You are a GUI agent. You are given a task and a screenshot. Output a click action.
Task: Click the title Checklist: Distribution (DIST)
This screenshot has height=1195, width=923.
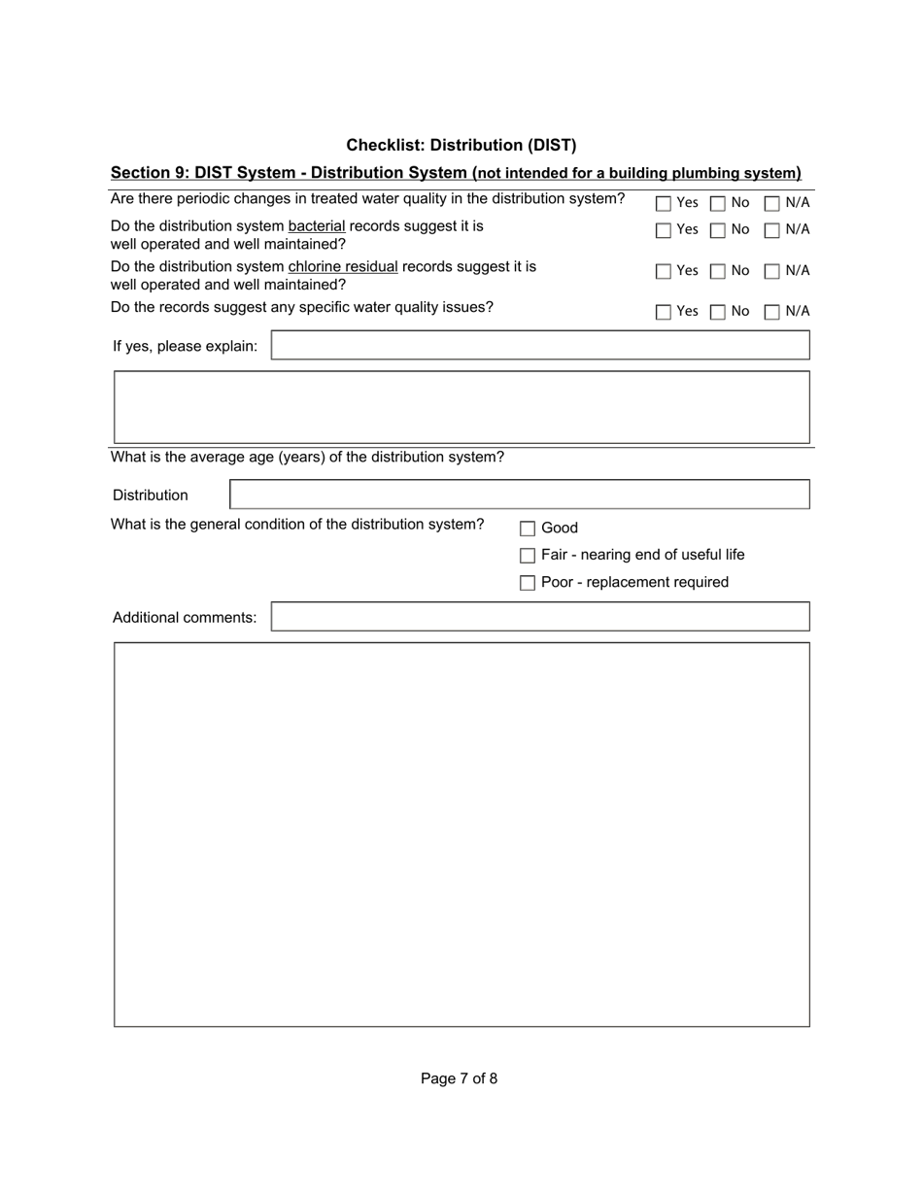pyautogui.click(x=461, y=145)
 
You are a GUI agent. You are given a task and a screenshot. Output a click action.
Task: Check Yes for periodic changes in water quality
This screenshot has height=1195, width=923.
pyautogui.click(x=663, y=204)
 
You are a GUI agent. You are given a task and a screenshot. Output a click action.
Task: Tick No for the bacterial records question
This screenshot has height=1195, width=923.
pyautogui.click(x=717, y=231)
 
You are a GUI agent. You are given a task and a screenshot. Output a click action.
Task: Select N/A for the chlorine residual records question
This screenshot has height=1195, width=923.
pyautogui.click(x=771, y=272)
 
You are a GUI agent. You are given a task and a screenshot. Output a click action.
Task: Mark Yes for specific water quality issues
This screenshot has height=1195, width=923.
pyautogui.click(x=663, y=313)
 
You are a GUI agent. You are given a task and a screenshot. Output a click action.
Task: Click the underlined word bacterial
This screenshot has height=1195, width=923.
pyautogui.click(x=317, y=225)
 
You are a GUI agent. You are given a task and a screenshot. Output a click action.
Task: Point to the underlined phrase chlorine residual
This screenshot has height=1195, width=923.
pyautogui.click(x=343, y=266)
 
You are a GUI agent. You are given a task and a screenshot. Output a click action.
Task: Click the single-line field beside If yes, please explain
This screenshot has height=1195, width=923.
pyautogui.click(x=539, y=346)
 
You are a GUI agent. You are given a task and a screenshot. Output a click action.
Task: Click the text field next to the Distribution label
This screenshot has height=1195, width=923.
pyautogui.click(x=519, y=495)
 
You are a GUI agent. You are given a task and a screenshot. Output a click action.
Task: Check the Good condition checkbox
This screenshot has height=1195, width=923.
pyautogui.click(x=528, y=529)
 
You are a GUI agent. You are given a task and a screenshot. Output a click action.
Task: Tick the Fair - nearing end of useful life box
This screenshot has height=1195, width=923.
pyautogui.click(x=528, y=556)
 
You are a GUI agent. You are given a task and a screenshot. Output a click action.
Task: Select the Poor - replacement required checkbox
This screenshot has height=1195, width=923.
pyautogui.click(x=528, y=583)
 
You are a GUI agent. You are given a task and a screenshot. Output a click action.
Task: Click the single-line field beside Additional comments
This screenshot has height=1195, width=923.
pyautogui.click(x=539, y=617)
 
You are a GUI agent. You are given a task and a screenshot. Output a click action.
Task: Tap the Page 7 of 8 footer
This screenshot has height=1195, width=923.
pyautogui.click(x=459, y=1078)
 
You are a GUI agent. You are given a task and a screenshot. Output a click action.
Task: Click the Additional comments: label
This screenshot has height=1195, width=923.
pyautogui.click(x=185, y=618)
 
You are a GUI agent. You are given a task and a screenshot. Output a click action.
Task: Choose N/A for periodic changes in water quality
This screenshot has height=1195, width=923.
pyautogui.click(x=771, y=204)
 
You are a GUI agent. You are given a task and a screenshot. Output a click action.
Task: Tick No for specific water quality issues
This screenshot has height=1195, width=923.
pyautogui.click(x=717, y=313)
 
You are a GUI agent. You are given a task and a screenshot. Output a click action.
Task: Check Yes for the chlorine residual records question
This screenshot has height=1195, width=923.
pyautogui.click(x=663, y=272)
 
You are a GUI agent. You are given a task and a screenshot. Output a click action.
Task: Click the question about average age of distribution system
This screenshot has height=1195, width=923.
pyautogui.click(x=307, y=457)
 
